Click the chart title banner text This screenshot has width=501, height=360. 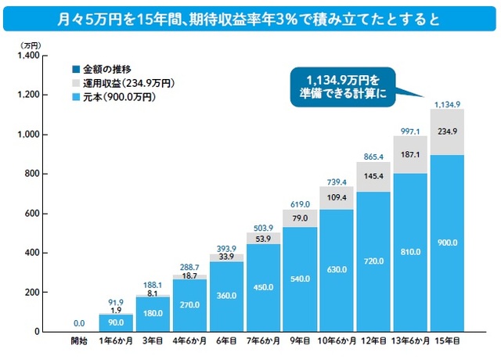click(250, 16)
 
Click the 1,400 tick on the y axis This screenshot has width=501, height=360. click(28, 56)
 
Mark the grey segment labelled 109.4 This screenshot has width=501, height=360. click(337, 198)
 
